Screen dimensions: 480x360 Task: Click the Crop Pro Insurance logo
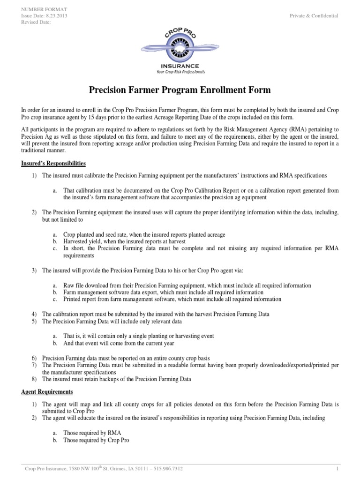coord(180,49)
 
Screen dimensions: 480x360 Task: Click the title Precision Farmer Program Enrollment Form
coord(180,90)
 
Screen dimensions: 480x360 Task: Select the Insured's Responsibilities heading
coord(53,164)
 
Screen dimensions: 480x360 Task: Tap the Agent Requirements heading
coord(47,391)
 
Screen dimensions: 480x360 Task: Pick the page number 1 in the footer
coord(337,468)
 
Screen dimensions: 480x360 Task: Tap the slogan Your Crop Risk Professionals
coord(180,72)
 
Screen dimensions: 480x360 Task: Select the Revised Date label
coord(36,22)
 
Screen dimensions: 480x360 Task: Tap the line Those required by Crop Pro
coord(96,441)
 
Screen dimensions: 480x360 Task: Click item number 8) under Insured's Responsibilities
coord(34,379)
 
